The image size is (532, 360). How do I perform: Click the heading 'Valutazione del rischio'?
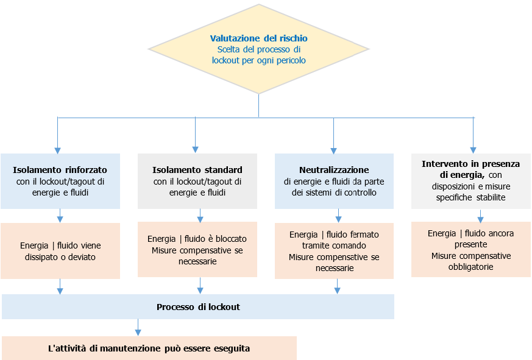(258, 38)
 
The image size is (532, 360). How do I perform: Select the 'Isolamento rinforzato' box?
(60, 181)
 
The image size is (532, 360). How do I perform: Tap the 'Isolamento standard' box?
(197, 181)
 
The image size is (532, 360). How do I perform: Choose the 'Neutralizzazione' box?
(334, 181)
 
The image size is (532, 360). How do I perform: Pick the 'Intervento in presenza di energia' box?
(470, 181)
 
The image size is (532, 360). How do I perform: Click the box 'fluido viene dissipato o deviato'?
(60, 251)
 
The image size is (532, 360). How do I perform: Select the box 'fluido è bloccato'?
(197, 250)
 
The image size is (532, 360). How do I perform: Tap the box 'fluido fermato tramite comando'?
(334, 251)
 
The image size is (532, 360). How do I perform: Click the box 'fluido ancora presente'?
(470, 250)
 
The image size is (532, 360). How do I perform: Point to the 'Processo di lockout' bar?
(198, 307)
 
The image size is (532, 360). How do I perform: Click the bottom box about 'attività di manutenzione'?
(149, 348)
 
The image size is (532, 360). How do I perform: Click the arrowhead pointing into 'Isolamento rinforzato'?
(58, 149)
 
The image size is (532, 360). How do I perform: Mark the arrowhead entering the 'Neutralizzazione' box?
(333, 149)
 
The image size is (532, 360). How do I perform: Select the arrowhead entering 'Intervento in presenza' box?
(473, 149)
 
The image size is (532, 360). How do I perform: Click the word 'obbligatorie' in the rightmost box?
(470, 267)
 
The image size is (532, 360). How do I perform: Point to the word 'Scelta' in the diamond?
(229, 49)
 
